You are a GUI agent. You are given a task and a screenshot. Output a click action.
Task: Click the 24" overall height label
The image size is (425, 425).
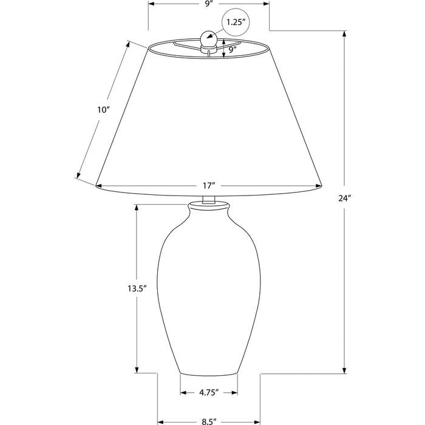click(344, 198)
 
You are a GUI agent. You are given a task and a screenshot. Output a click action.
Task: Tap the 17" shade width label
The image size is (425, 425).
click(209, 186)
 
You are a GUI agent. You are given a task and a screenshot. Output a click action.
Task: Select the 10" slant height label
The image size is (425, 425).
click(103, 110)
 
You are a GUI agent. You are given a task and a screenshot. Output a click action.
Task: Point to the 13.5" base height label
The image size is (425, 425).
click(137, 288)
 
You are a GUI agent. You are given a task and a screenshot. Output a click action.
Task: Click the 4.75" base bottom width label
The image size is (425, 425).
click(209, 392)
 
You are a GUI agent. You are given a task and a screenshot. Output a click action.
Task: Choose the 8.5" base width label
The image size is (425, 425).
click(209, 421)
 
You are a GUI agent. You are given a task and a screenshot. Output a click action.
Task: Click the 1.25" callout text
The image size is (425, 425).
click(234, 22)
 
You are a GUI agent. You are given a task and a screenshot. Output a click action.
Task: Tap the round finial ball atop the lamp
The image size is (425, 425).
click(208, 38)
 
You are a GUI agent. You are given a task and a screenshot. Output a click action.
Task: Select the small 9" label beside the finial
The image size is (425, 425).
click(233, 50)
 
